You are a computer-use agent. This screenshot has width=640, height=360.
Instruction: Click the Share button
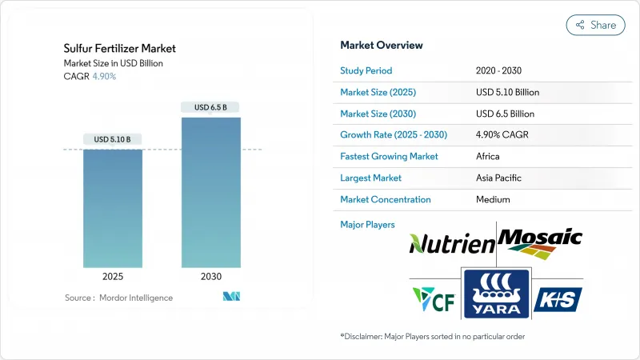tap(595, 25)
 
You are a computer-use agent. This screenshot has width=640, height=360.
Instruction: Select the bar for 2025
tap(113, 208)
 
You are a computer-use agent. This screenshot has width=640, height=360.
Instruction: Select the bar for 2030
tap(211, 192)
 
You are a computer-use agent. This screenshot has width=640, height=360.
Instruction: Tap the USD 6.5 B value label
tap(211, 107)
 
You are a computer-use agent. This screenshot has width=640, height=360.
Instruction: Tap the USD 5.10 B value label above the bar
tap(113, 139)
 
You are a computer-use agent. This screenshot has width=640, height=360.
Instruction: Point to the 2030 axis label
tap(211, 277)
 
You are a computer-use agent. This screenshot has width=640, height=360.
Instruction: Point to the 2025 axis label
tap(113, 277)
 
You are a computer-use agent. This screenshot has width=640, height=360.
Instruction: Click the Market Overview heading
tap(382, 46)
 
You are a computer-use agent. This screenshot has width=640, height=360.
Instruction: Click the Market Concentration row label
tap(386, 199)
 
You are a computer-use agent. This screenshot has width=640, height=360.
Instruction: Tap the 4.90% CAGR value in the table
tap(501, 134)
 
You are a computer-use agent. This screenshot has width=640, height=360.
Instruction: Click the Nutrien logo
tap(451, 243)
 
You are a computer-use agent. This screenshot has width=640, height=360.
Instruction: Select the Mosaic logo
tap(540, 242)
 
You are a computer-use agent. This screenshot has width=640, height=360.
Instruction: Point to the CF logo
tap(434, 299)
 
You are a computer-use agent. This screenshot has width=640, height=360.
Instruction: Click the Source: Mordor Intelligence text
tap(118, 298)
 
